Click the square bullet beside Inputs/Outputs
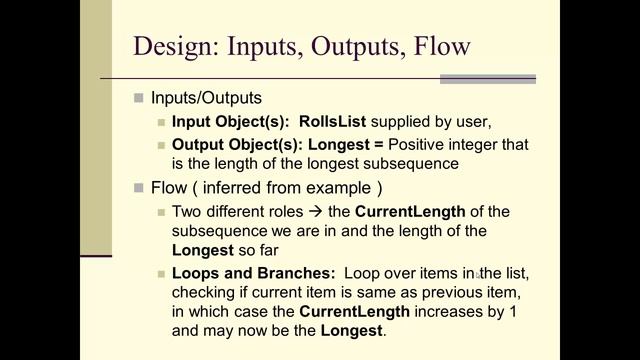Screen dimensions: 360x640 [139, 98]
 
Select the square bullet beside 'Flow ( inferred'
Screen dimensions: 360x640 [139, 187]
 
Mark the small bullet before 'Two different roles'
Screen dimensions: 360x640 [161, 211]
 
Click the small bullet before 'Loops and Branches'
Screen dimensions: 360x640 [161, 274]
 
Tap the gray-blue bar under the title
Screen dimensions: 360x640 [487, 79]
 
